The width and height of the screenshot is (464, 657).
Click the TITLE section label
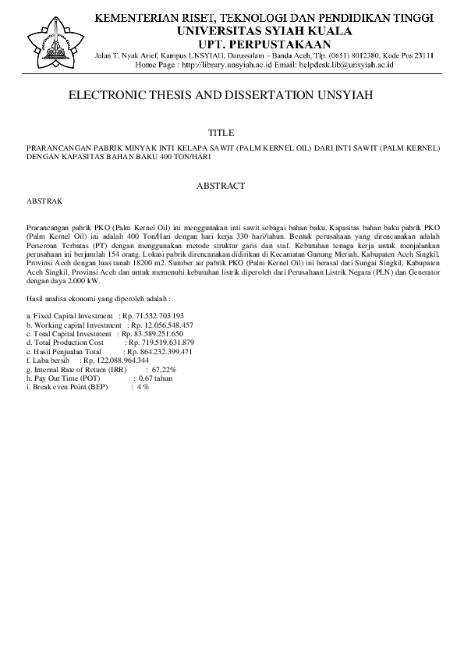pos(221,133)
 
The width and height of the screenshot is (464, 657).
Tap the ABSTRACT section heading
pos(221,186)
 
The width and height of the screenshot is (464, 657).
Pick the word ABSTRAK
pos(44,201)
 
